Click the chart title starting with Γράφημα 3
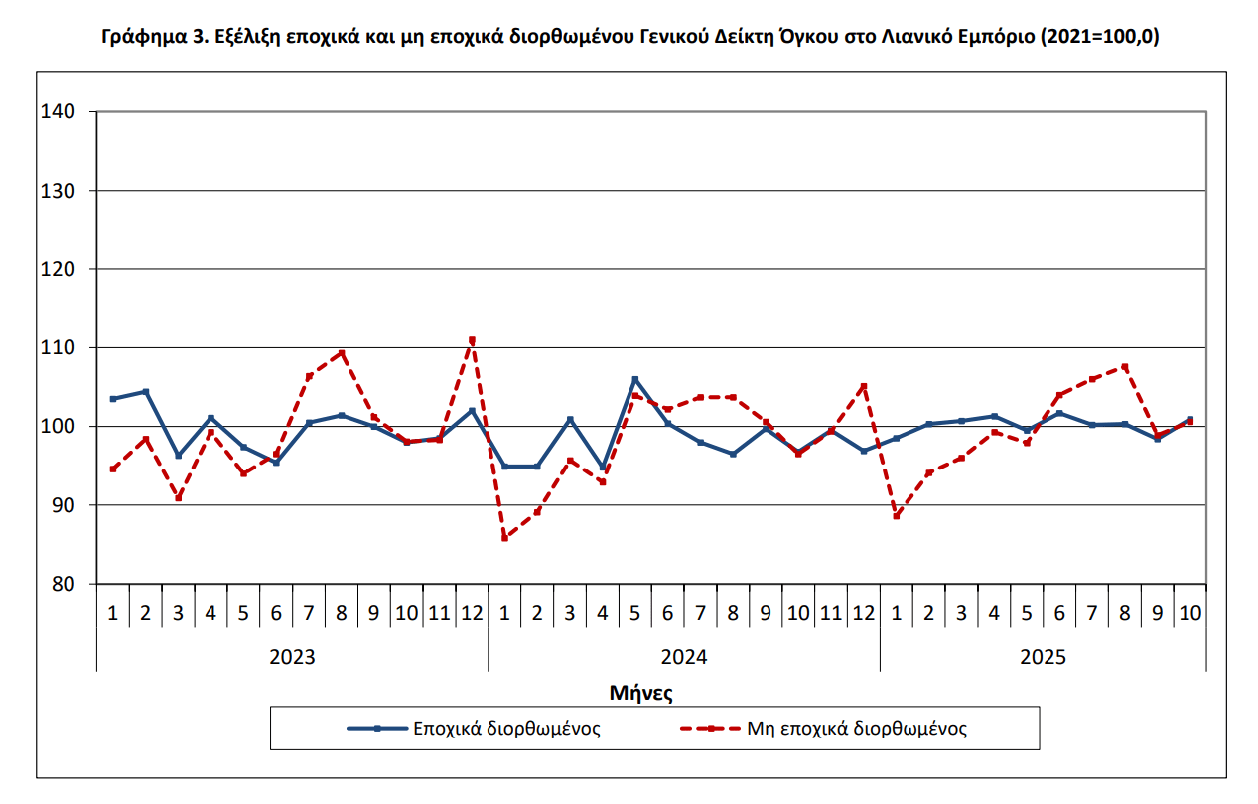click(x=630, y=38)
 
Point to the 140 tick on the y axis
click(x=60, y=112)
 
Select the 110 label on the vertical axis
click(x=60, y=347)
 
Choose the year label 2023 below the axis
click(x=292, y=657)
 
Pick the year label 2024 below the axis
click(x=683, y=657)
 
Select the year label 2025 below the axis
click(x=1043, y=657)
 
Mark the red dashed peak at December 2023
click(x=472, y=339)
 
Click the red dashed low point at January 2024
click(x=504, y=538)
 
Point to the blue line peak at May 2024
click(x=635, y=379)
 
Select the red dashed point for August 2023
click(x=342, y=352)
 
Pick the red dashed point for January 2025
click(x=897, y=516)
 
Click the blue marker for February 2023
click(x=146, y=392)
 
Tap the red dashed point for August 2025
click(x=1125, y=366)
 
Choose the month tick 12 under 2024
click(x=864, y=613)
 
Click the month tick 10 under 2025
click(x=1189, y=613)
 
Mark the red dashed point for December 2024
click(x=864, y=386)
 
